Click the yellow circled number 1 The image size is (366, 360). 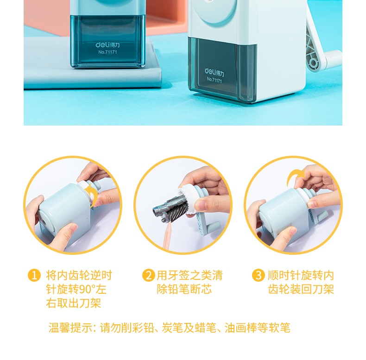(34, 276)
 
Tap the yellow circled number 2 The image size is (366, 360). (149, 276)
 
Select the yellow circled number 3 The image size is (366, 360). (259, 276)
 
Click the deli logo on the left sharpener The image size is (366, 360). (107, 45)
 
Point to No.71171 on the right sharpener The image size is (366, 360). (215, 80)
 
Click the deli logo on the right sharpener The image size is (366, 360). (215, 72)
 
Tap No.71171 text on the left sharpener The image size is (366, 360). (107, 52)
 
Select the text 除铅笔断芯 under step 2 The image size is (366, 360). (184, 290)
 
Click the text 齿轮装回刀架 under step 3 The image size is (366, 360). (301, 290)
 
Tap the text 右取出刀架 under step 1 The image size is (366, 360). (74, 303)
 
